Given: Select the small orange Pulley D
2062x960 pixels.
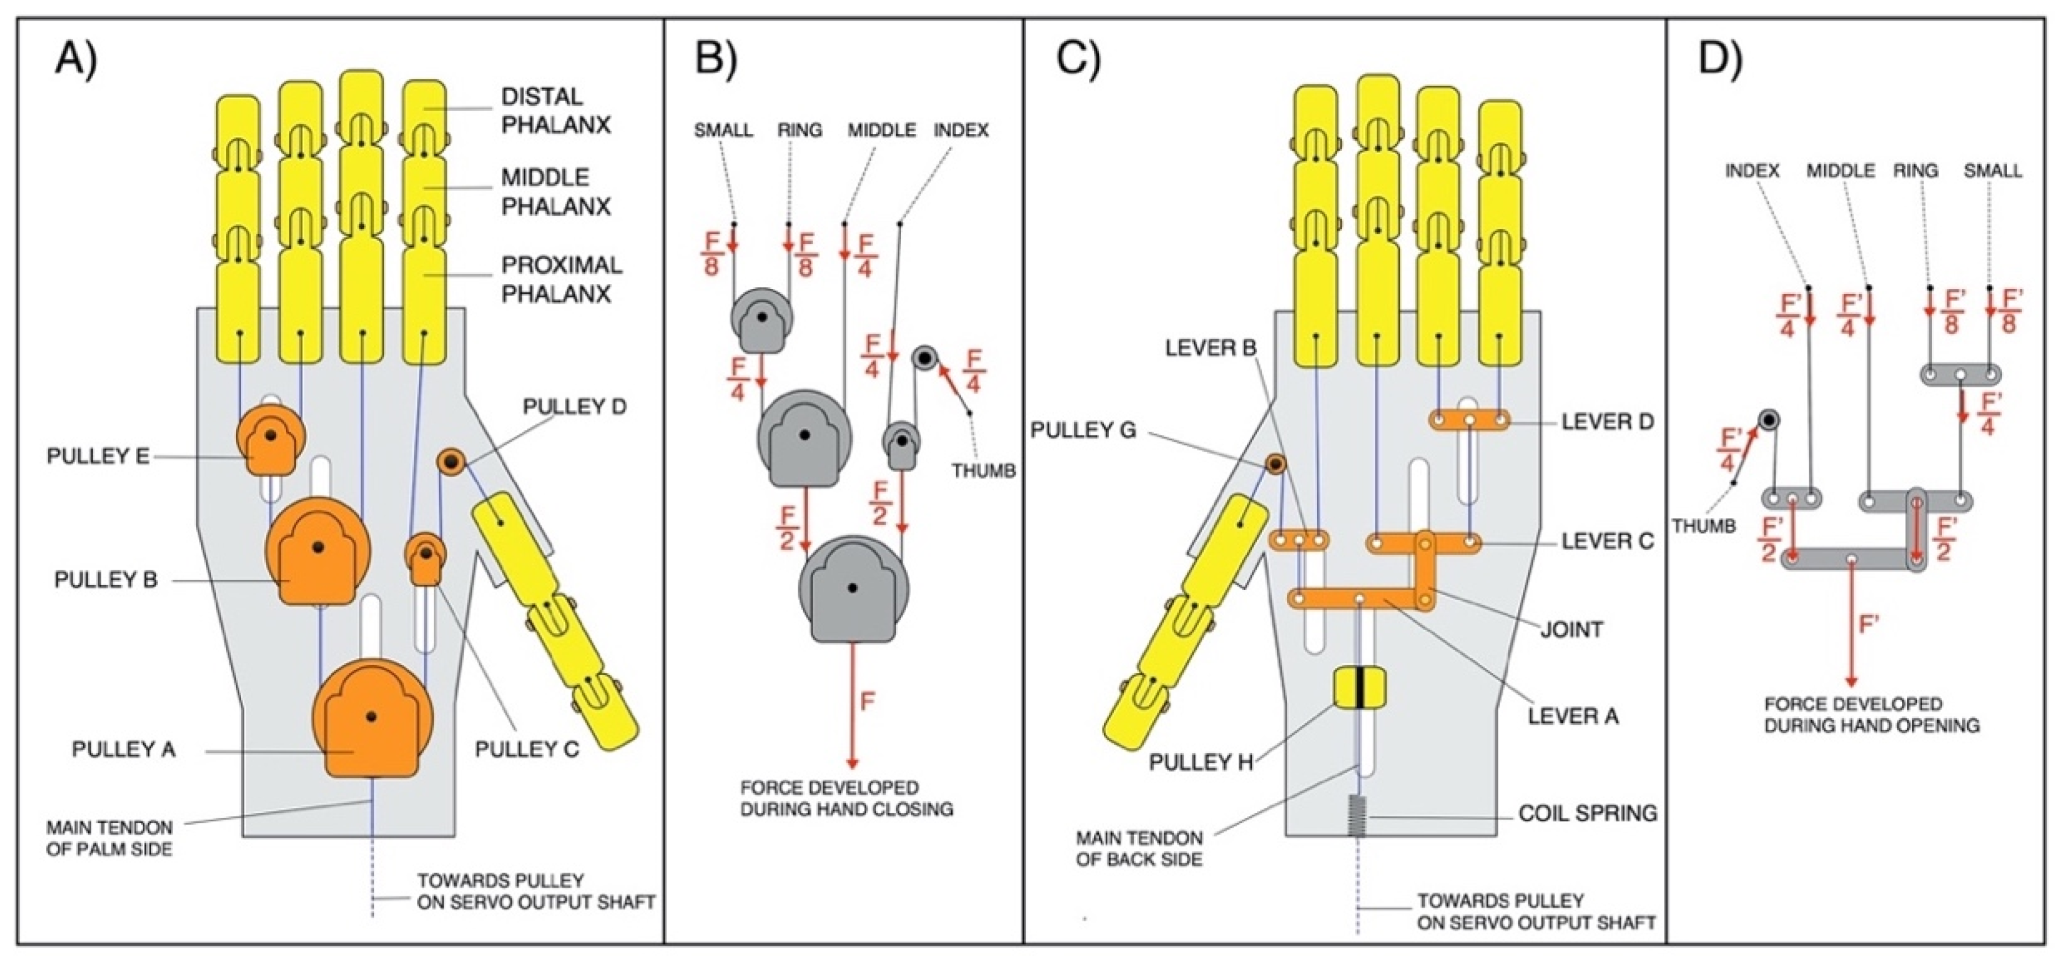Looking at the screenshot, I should tap(451, 462).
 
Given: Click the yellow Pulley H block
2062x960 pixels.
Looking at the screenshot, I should tap(1359, 689).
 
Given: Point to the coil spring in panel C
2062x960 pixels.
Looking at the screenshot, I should tap(1357, 815).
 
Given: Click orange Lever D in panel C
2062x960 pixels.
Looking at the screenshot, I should tap(1469, 420).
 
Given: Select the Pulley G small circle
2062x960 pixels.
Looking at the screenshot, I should tap(1275, 463).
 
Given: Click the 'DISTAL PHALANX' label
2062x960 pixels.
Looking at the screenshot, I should tap(555, 110).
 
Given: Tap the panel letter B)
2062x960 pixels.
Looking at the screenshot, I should tap(716, 57).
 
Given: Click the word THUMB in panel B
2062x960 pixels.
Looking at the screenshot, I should tap(983, 471).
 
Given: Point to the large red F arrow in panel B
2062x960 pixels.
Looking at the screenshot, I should tap(853, 704).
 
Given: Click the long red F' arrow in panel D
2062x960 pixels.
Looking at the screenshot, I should tap(1850, 624).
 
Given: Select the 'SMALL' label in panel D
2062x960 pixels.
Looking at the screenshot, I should tap(1993, 170).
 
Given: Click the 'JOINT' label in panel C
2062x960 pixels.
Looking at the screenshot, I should tap(1571, 629).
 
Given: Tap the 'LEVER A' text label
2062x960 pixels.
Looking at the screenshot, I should tap(1573, 716).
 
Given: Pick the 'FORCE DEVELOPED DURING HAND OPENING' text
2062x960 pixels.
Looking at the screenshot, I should tap(1872, 714).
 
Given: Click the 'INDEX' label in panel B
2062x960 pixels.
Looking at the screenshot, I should tap(960, 130).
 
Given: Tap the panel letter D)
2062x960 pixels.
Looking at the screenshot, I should tap(1720, 57).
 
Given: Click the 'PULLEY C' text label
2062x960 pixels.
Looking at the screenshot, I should tap(526, 750).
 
